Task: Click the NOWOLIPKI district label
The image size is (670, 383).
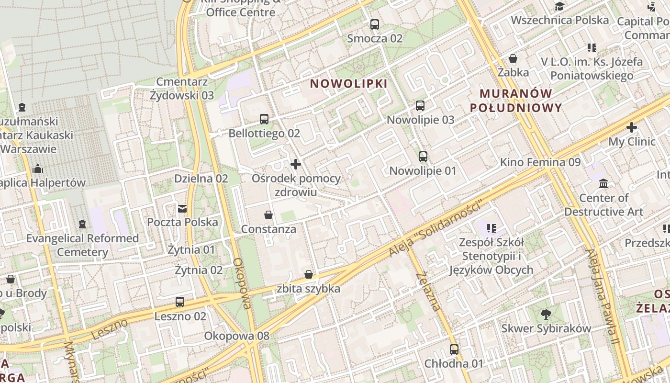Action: click(348, 84)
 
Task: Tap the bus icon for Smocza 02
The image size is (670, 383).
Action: click(375, 24)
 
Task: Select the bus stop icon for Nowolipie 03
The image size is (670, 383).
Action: click(420, 106)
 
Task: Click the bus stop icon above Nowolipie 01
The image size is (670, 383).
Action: click(423, 157)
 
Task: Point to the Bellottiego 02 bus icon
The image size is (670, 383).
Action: click(264, 119)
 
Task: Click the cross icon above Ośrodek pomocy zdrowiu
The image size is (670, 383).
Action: click(296, 165)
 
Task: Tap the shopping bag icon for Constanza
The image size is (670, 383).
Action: click(268, 215)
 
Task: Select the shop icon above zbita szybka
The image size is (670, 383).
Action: click(309, 274)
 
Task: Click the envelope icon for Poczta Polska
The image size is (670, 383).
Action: click(182, 208)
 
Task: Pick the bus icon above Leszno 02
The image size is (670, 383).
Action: click(180, 302)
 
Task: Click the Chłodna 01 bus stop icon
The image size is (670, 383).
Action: click(454, 349)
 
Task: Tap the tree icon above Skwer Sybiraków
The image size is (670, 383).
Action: click(546, 315)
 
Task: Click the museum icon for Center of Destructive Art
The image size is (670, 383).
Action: click(603, 183)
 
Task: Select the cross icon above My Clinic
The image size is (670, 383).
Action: click(632, 127)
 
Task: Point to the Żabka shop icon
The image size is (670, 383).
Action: click(513, 58)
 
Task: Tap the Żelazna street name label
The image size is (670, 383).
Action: click(428, 291)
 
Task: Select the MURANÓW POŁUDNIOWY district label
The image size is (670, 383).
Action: click(516, 101)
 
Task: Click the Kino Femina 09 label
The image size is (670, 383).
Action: click(540, 162)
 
